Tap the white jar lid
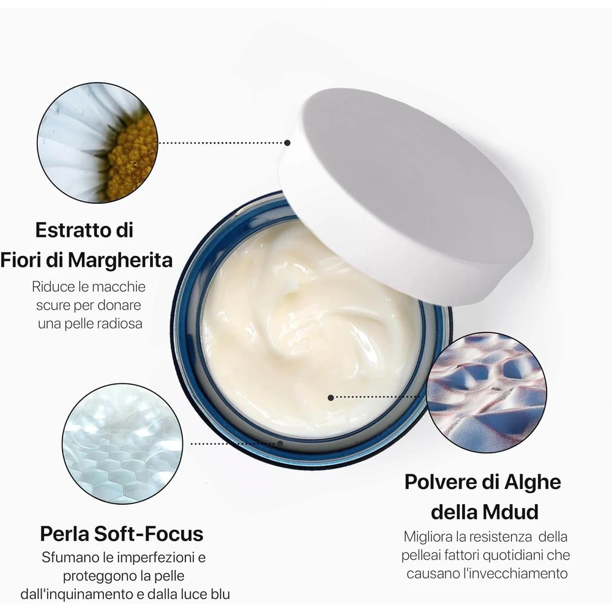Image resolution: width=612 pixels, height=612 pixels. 406,195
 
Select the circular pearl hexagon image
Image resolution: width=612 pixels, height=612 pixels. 122,443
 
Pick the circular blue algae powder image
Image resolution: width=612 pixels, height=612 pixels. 487,392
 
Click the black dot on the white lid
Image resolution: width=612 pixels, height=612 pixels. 287,143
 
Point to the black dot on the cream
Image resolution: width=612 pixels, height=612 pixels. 331,398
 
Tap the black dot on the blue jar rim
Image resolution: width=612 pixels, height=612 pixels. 280,444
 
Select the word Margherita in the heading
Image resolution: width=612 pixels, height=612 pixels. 120,260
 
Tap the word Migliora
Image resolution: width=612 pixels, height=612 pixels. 428,537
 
